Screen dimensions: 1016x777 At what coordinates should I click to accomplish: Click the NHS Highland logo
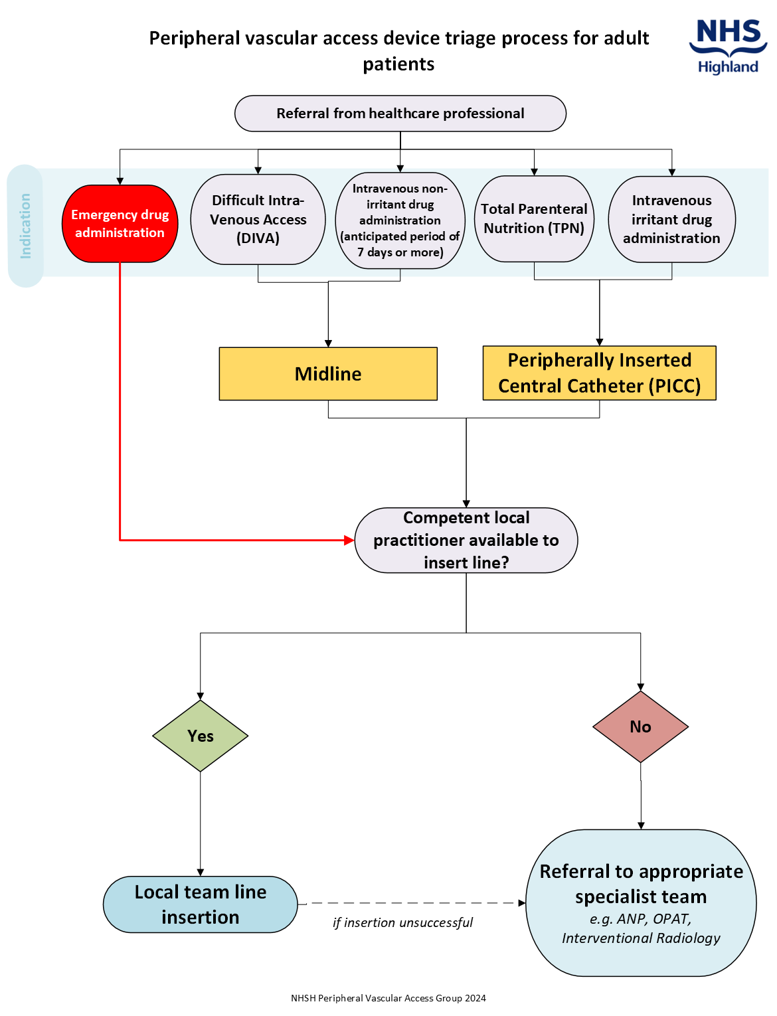point(728,46)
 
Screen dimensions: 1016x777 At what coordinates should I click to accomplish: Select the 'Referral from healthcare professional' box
point(400,114)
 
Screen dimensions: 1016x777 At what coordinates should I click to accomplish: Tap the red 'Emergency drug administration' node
point(120,224)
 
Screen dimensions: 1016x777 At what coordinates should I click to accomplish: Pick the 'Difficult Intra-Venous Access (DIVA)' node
point(258,219)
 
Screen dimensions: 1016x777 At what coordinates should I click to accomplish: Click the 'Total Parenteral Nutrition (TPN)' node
point(534,218)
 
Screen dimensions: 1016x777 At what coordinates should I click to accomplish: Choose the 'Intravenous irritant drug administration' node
point(671,219)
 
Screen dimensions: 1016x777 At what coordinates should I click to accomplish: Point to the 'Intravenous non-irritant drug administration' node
point(400,220)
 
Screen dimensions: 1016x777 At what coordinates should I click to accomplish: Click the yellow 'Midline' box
point(328,374)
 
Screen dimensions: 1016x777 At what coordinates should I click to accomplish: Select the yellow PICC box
point(599,373)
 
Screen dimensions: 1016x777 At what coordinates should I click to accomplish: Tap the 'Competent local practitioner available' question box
point(466,541)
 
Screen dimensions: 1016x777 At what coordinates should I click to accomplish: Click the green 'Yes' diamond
point(200,736)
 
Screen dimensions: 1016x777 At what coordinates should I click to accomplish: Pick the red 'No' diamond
point(640,726)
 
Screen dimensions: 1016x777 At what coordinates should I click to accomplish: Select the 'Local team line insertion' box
point(200,904)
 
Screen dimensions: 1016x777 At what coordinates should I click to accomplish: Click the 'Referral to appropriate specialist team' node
point(640,903)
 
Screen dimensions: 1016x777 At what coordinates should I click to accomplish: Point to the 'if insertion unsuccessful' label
point(402,922)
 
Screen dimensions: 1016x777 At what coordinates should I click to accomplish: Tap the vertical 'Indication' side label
point(25,226)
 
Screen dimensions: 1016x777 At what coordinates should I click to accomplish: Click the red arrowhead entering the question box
point(349,541)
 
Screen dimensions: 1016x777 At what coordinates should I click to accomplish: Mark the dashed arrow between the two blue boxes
point(412,903)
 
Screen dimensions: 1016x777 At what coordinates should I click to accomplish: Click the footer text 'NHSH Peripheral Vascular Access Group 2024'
point(388,998)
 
